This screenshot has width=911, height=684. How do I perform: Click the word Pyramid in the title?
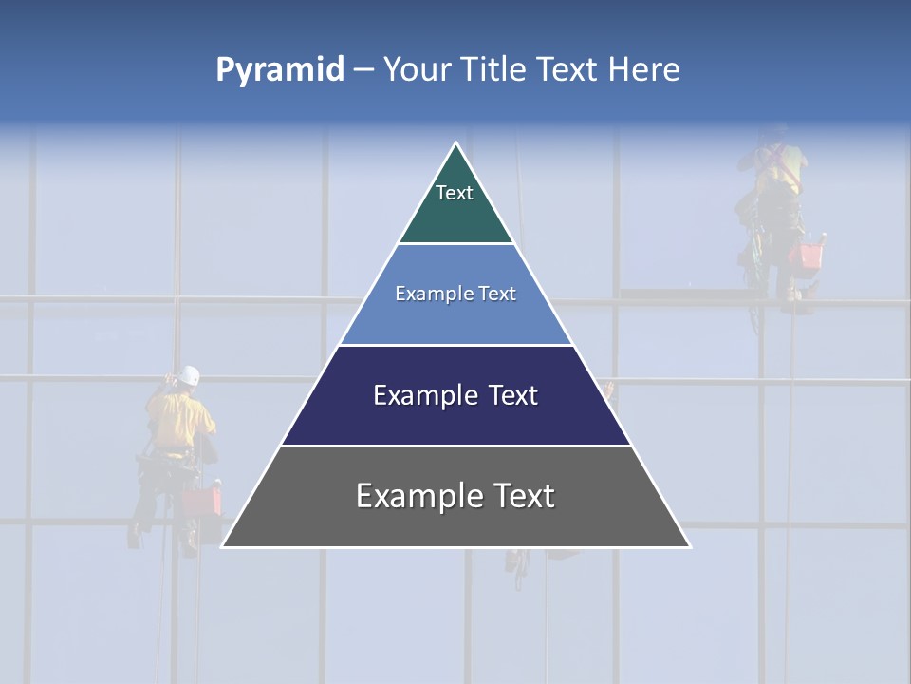[x=279, y=70]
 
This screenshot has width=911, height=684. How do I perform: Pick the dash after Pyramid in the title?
[x=363, y=70]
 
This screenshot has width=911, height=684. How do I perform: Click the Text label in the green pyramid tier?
[x=455, y=193]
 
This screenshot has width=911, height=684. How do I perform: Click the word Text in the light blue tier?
[x=498, y=294]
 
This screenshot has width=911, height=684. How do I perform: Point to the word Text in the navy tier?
[x=513, y=395]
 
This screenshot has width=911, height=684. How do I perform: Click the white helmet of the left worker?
[x=190, y=375]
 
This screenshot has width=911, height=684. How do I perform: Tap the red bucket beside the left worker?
[x=201, y=501]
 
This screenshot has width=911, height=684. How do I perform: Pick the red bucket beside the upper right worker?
[x=810, y=255]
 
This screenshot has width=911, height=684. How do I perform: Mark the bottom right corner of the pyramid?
[x=690, y=546]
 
